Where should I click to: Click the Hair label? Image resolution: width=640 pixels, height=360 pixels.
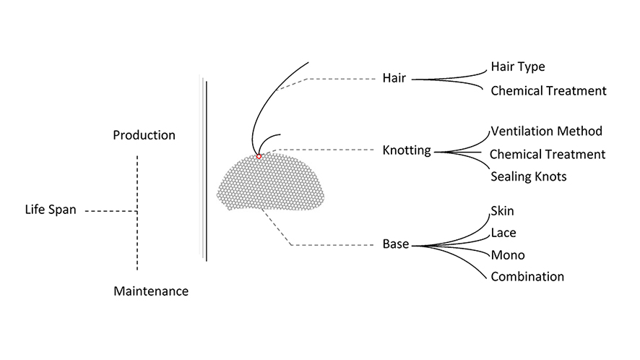tap(394, 78)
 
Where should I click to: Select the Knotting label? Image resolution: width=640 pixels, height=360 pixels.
tap(406, 151)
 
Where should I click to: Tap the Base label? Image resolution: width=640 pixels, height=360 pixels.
tap(395, 244)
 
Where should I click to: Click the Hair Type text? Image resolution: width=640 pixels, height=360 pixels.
tap(517, 67)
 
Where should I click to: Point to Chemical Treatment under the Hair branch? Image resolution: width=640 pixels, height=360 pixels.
tap(548, 91)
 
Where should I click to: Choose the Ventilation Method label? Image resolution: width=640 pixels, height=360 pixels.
tap(545, 132)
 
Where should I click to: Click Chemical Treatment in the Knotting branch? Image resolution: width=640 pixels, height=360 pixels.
tap(547, 154)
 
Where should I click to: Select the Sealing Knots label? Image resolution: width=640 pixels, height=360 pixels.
tap(528, 176)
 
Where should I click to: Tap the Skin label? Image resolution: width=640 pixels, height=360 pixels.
tap(502, 211)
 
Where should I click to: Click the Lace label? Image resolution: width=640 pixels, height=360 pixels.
tap(503, 233)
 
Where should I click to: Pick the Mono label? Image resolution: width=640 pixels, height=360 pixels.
tap(507, 255)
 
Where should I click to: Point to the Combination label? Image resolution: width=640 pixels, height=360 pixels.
tap(527, 276)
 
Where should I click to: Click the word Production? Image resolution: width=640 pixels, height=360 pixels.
tap(144, 135)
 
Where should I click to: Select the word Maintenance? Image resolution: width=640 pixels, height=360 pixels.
tap(151, 291)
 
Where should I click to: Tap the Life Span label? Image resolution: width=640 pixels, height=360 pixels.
tap(50, 211)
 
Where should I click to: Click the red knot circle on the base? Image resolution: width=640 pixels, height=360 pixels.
tap(259, 156)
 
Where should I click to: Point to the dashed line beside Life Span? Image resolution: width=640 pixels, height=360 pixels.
tap(108, 211)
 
